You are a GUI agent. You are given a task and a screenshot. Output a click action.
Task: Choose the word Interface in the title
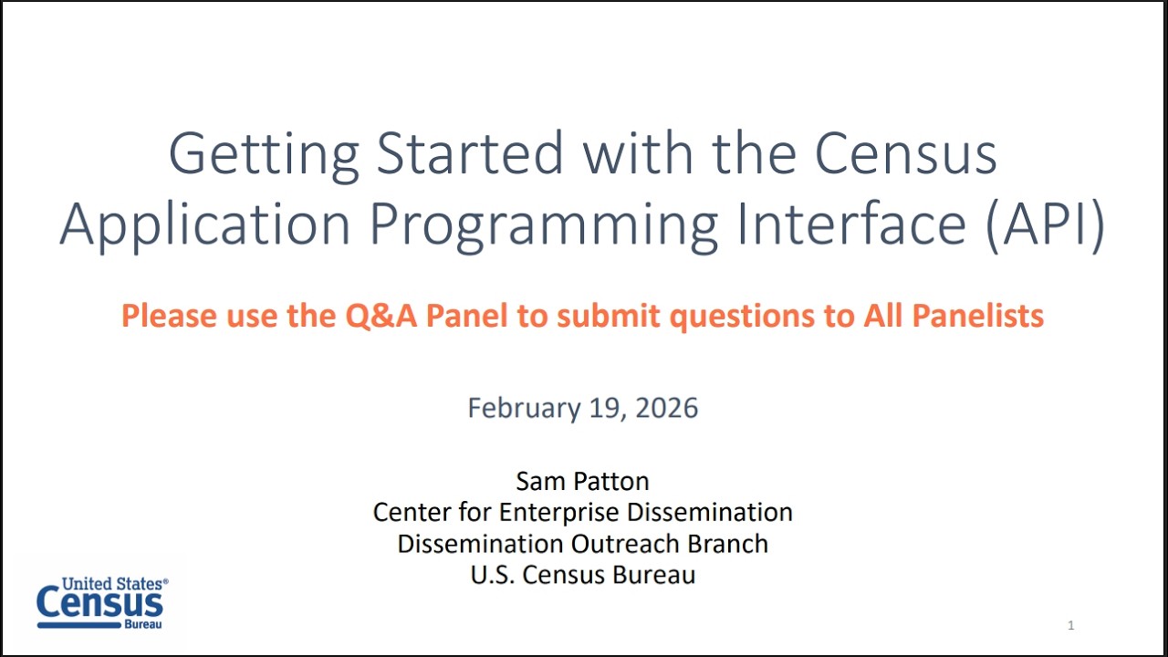(851, 224)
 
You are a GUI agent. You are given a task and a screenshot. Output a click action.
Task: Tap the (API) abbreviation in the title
(1045, 224)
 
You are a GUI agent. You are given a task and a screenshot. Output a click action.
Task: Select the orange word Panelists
(977, 316)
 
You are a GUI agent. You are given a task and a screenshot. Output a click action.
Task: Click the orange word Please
(170, 316)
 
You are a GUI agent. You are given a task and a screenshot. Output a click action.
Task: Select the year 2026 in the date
(666, 408)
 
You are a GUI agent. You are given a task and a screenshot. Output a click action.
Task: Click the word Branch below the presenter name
(729, 544)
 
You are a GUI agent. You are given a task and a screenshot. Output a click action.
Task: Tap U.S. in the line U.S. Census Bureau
(489, 575)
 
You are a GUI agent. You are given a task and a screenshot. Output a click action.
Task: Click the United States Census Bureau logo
(101, 603)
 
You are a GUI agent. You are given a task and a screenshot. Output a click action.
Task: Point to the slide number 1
(1070, 626)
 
